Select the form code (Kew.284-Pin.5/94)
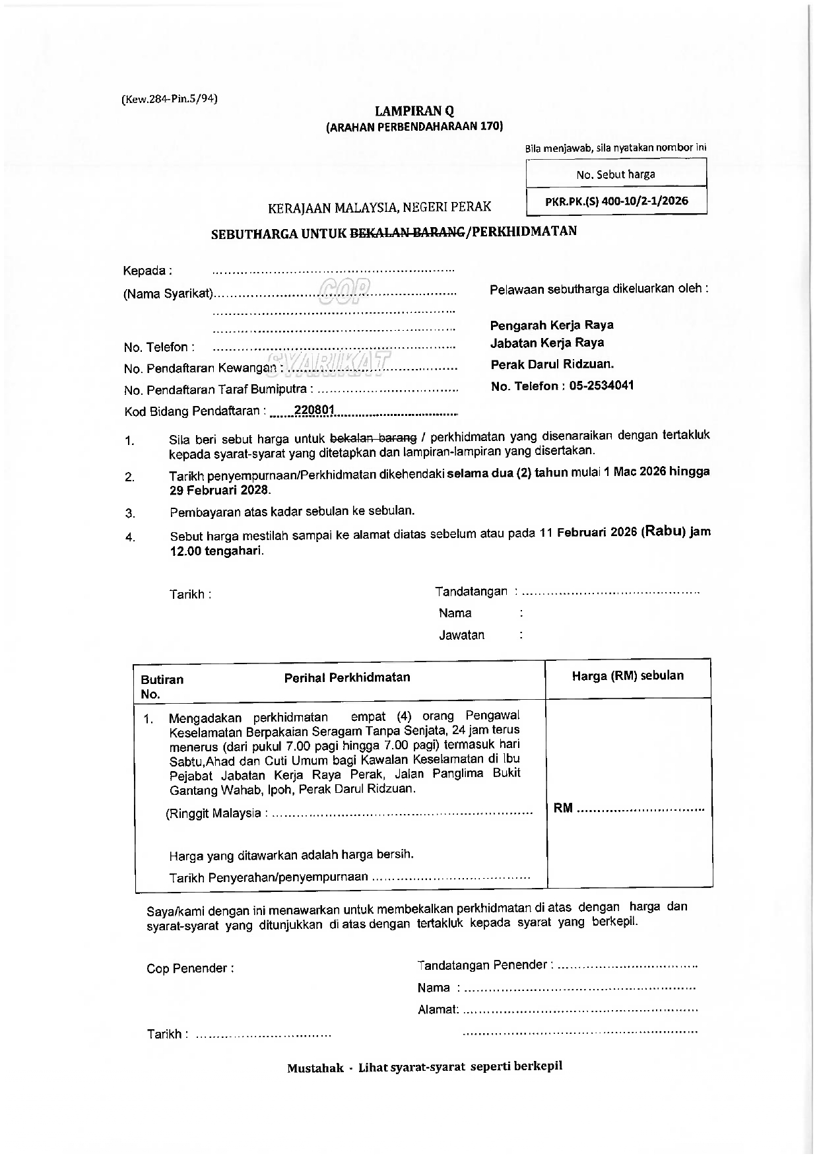tap(170, 99)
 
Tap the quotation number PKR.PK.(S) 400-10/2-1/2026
tap(616, 201)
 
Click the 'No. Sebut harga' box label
tap(616, 174)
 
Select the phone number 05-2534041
tap(601, 386)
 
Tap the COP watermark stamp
tap(344, 288)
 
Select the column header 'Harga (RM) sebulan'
tap(628, 675)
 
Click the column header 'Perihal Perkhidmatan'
tap(346, 677)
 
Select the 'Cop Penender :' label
tap(190, 969)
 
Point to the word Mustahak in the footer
tap(315, 1068)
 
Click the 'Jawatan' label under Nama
tap(461, 635)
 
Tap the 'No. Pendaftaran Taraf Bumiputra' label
tap(218, 390)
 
